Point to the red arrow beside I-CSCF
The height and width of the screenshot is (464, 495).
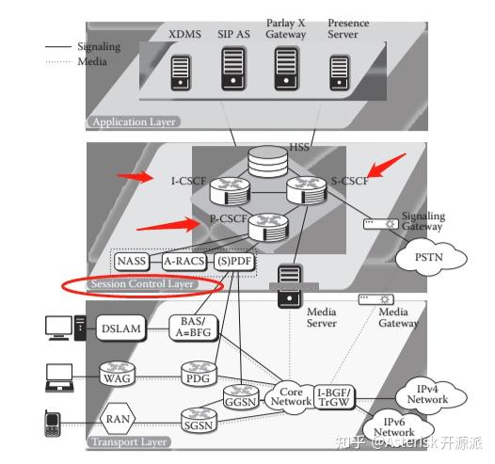click(x=135, y=176)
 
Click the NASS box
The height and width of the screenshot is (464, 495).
click(x=133, y=261)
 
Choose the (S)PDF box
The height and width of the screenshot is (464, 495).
click(x=233, y=261)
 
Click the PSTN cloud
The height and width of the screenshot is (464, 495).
click(x=418, y=256)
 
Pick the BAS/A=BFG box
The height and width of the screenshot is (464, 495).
click(x=194, y=327)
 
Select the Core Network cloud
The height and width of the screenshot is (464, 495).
click(x=290, y=395)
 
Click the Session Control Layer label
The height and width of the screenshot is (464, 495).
click(x=144, y=283)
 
